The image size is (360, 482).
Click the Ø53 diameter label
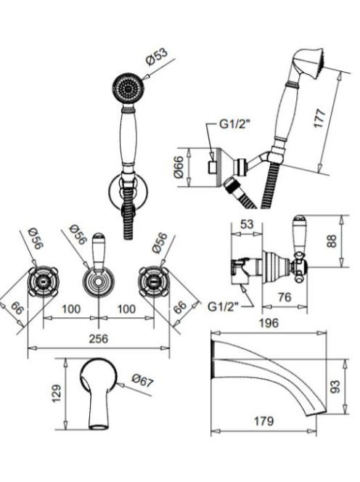(157, 56)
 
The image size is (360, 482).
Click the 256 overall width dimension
(99, 338)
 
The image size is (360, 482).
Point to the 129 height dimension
(57, 393)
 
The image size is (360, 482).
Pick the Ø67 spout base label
(142, 381)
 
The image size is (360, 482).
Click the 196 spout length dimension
(269, 323)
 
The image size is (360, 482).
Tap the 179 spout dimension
(263, 421)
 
